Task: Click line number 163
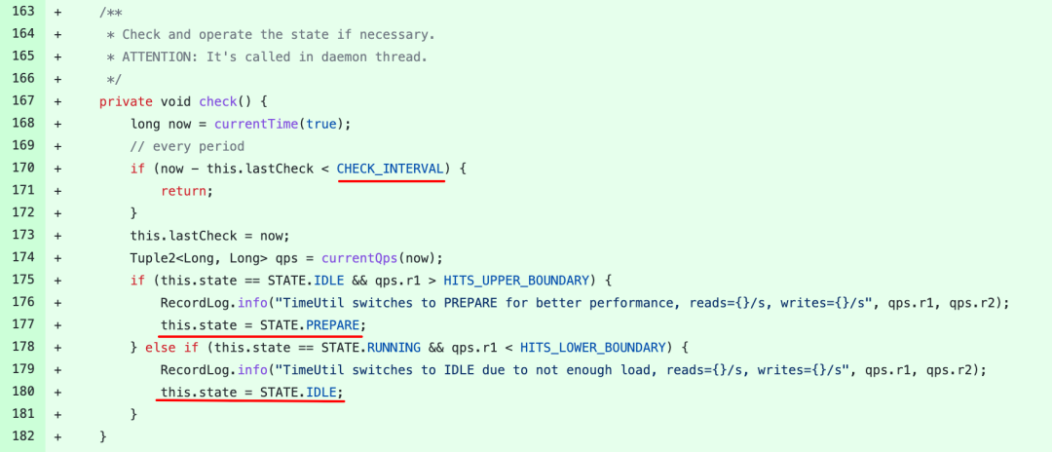tap(21, 12)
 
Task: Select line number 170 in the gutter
tap(21, 169)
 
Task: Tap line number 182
tap(21, 437)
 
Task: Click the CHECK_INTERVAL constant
tap(391, 169)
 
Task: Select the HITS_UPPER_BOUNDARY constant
tap(516, 281)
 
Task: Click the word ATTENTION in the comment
tap(160, 56)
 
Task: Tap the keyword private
tap(126, 101)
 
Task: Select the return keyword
tap(184, 191)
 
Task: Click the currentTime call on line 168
tap(256, 124)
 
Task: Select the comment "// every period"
tap(188, 146)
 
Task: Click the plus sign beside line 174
tap(58, 258)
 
